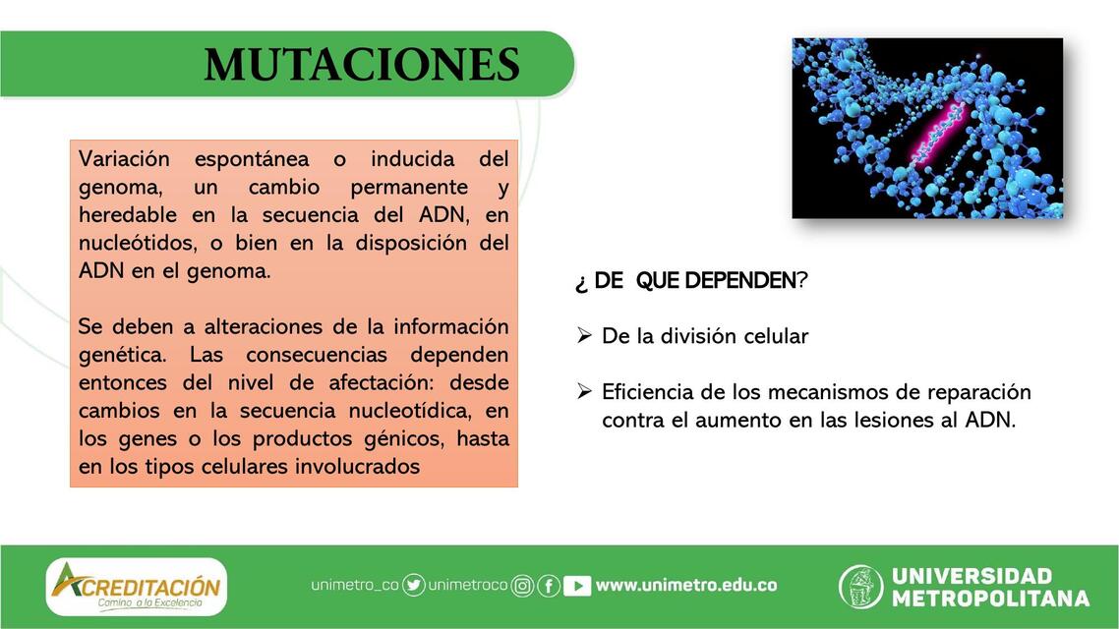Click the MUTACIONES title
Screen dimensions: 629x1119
point(362,65)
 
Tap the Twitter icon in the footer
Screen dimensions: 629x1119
point(414,586)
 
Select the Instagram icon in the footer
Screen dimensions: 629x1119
point(523,587)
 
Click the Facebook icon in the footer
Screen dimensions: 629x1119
point(549,587)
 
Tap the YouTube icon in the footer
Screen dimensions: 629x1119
point(577,586)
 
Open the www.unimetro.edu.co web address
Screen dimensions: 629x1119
point(686,586)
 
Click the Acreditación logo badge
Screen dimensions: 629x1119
point(137,587)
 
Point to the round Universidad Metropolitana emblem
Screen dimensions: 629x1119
point(860,587)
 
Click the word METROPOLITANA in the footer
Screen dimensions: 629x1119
point(990,599)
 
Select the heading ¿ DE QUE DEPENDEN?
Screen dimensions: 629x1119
point(691,281)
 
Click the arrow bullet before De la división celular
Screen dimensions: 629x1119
point(583,336)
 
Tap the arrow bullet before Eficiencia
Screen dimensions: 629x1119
point(583,392)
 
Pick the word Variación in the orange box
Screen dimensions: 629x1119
point(124,159)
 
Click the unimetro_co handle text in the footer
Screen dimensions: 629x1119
point(355,586)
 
